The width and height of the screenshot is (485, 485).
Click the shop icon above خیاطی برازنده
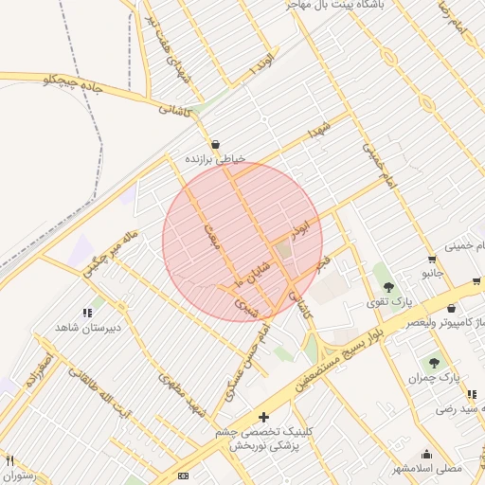(x=216, y=144)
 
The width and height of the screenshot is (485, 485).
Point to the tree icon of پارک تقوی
(x=387, y=286)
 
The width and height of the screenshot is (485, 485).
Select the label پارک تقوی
(x=389, y=302)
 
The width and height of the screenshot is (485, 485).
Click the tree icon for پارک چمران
(x=434, y=363)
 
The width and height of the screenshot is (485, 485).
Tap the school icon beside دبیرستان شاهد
(x=87, y=312)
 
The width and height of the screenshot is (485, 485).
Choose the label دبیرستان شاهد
(x=64, y=327)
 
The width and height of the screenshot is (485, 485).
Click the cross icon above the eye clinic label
(x=263, y=417)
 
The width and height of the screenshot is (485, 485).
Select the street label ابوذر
(x=299, y=228)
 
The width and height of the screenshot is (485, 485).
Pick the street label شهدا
(x=316, y=134)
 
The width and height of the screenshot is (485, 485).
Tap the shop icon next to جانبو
(x=432, y=259)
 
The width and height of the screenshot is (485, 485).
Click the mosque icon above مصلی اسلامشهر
(x=426, y=454)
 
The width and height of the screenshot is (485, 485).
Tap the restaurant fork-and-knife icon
(x=9, y=461)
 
